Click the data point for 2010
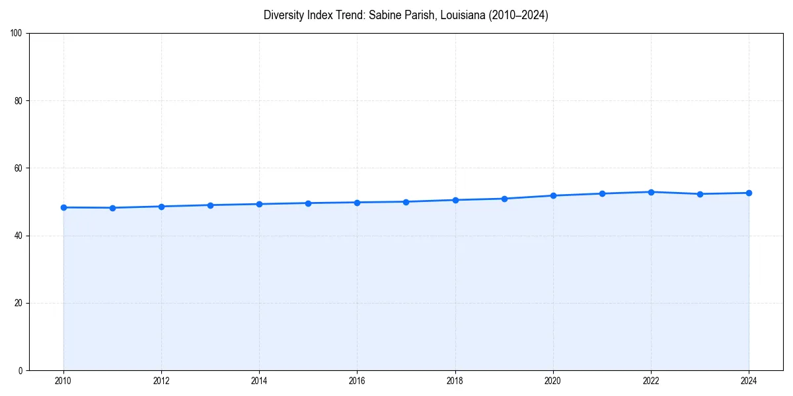(63, 207)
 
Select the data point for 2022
(651, 192)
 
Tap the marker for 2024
(749, 193)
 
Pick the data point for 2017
(406, 202)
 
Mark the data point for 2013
(210, 205)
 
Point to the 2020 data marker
(553, 195)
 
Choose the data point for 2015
(308, 203)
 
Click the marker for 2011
(112, 208)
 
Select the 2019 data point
(504, 199)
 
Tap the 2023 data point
(700, 194)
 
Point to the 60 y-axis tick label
(19, 168)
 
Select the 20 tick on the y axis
(19, 303)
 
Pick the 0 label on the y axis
(20, 370)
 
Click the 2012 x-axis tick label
(161, 381)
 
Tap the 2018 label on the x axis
(455, 381)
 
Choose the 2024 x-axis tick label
(749, 381)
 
